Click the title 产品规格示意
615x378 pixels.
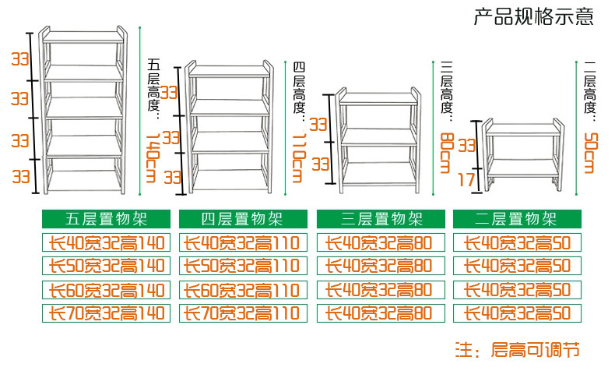pyautogui.click(x=533, y=17)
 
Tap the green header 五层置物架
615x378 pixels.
pyautogui.click(x=106, y=219)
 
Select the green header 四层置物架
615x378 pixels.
pyautogui.click(x=242, y=219)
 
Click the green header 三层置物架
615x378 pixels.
pyautogui.click(x=381, y=219)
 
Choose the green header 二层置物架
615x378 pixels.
pyautogui.click(x=517, y=219)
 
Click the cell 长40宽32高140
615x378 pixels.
pyautogui.click(x=106, y=242)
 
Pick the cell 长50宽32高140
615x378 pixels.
pyautogui.click(x=106, y=266)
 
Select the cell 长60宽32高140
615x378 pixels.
pyautogui.click(x=106, y=290)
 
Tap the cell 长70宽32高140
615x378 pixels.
pyautogui.click(x=106, y=313)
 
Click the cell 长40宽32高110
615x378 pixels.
pyautogui.click(x=242, y=242)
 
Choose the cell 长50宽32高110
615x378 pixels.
pyautogui.click(x=242, y=266)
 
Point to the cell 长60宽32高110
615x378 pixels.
pyautogui.click(x=242, y=290)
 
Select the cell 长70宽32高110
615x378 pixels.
pyautogui.click(x=242, y=313)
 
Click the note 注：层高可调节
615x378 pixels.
pyautogui.click(x=517, y=349)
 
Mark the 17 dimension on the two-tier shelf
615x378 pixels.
pyautogui.click(x=466, y=180)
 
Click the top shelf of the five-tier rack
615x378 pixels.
pyautogui.click(x=83, y=37)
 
